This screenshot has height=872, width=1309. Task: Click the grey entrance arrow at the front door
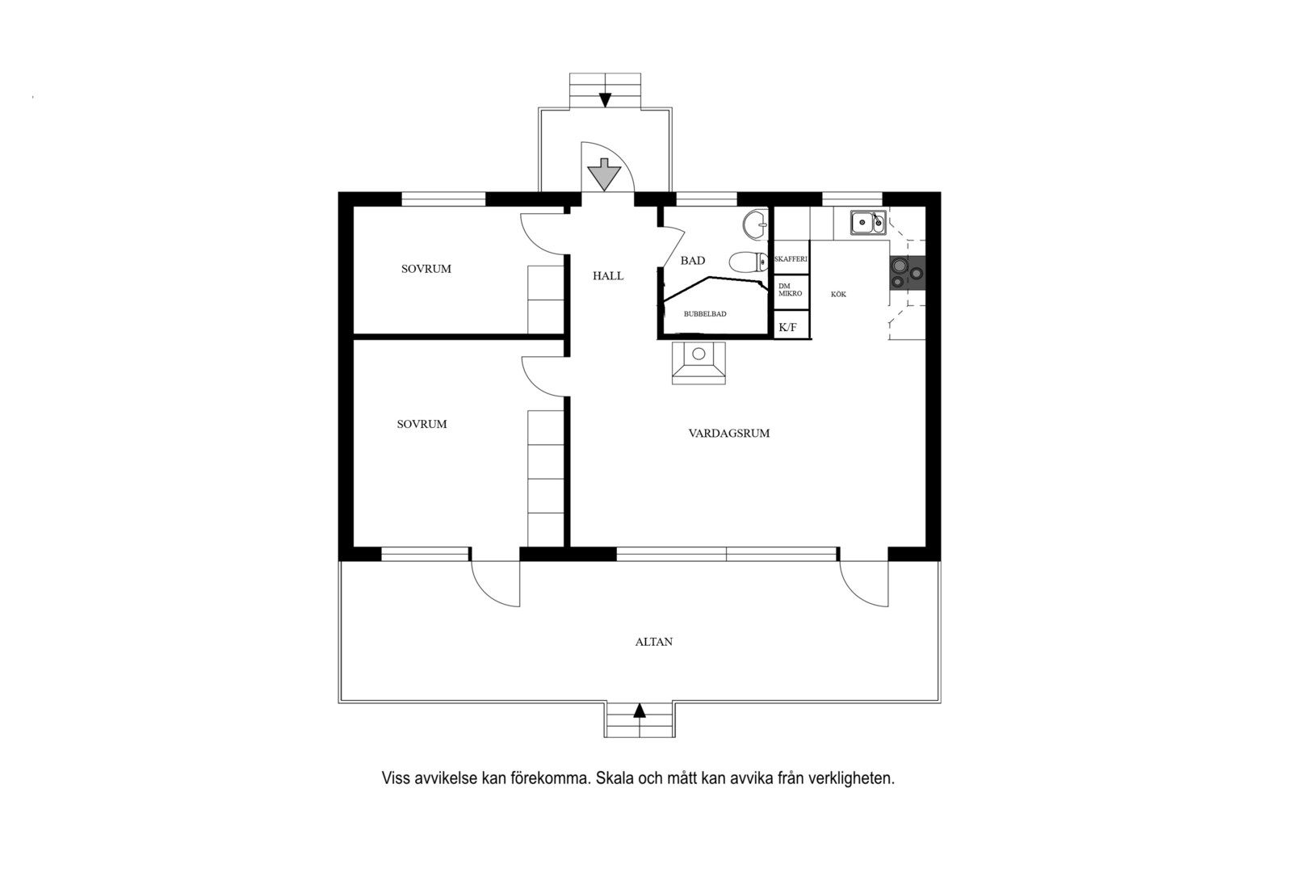[604, 174]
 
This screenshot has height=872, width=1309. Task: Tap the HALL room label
[608, 276]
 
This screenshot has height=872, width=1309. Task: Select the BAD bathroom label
[693, 261]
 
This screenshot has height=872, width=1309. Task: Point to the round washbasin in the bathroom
[755, 224]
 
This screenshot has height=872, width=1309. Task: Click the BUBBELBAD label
[705, 314]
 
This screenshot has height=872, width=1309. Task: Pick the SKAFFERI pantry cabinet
[791, 258]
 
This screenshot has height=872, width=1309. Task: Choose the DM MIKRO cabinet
[791, 291]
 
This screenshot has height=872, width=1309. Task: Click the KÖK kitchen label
[838, 295]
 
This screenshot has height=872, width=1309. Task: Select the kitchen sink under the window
[868, 223]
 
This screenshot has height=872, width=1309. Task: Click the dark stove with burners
[908, 273]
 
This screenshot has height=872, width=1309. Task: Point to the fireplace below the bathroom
[699, 363]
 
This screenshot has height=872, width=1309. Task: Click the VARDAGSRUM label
[728, 433]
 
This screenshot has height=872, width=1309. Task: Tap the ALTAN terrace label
[654, 642]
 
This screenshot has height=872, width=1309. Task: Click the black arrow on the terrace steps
[640, 710]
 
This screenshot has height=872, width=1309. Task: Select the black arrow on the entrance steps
[605, 100]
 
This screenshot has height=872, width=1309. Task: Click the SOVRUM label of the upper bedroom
[426, 269]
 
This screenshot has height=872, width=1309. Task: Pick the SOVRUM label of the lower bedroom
[422, 425]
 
